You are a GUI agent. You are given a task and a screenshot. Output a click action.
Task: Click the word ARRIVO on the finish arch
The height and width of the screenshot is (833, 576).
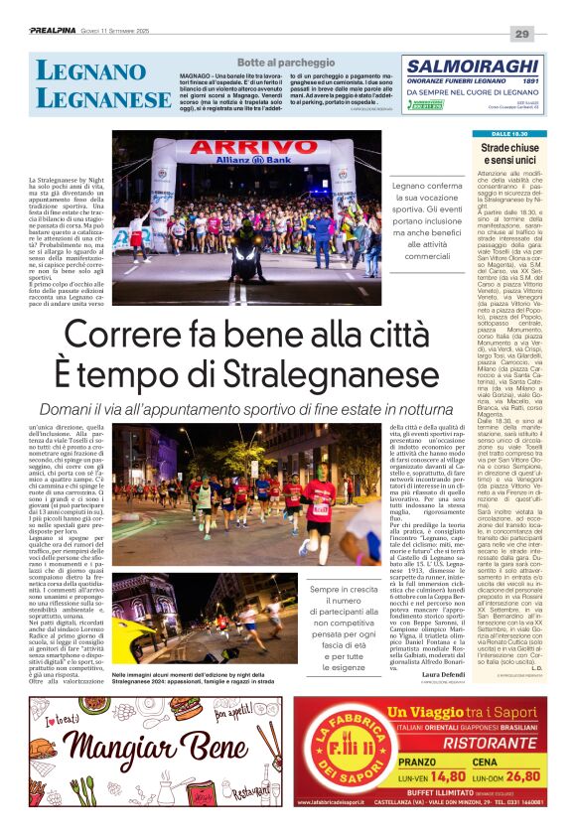pos(251,147)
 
